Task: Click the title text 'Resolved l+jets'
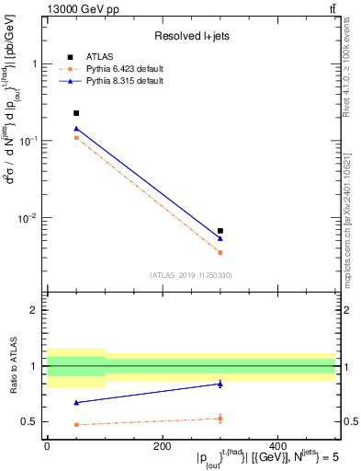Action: pos(190,36)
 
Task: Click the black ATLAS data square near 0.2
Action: pos(76,113)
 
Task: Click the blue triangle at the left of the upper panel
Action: pos(76,129)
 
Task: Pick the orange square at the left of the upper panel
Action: pos(76,138)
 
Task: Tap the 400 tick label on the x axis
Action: pos(277,446)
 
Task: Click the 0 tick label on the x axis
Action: pos(47,446)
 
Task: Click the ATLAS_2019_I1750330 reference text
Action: pos(190,275)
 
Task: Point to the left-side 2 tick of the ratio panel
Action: pos(33,310)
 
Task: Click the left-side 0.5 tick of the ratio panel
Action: pos(29,421)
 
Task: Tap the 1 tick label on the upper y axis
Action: pos(33,64)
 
